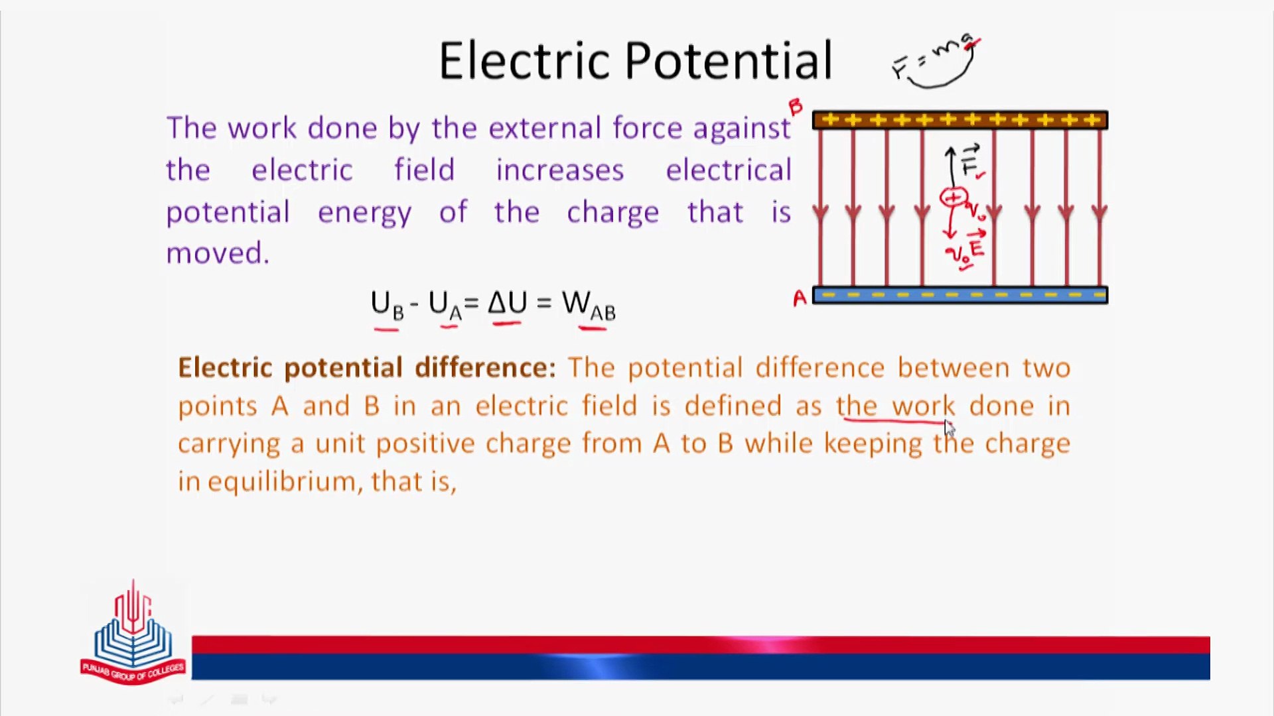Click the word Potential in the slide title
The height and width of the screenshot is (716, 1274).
click(x=729, y=60)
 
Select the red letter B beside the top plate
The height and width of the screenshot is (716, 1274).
click(x=796, y=107)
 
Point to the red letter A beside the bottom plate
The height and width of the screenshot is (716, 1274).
click(x=800, y=299)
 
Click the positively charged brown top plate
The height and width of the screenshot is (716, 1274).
click(x=960, y=120)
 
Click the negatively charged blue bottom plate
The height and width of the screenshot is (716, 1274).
click(x=960, y=295)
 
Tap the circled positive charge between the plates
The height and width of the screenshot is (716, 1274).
click(x=954, y=197)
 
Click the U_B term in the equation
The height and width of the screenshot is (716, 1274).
click(x=387, y=305)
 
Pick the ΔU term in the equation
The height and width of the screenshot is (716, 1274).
click(x=507, y=303)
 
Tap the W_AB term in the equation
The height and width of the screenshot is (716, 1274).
click(x=589, y=305)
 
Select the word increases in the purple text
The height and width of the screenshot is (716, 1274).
click(x=560, y=170)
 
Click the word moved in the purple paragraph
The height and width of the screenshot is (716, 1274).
click(x=218, y=253)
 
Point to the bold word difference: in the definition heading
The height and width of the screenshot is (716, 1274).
click(x=485, y=367)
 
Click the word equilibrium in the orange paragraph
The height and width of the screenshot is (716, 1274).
click(x=285, y=481)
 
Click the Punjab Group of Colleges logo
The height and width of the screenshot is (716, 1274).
click(x=133, y=633)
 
